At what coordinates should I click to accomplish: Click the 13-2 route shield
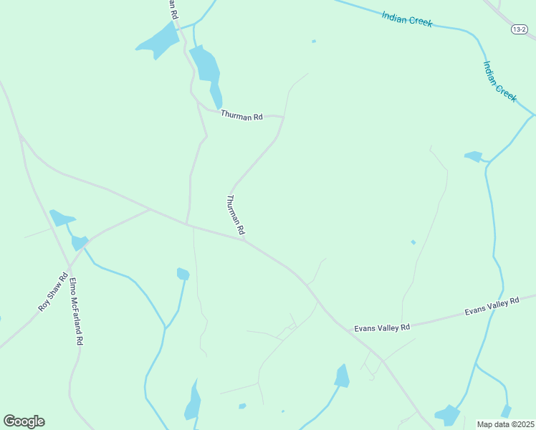click(520, 29)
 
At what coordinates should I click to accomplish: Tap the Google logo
click(24, 421)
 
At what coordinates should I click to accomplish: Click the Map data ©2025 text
click(505, 424)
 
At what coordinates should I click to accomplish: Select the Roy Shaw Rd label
click(53, 292)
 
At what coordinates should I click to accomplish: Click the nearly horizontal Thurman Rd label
click(241, 115)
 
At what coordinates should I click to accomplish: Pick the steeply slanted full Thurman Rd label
click(236, 215)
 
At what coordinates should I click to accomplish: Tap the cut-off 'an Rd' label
click(173, 9)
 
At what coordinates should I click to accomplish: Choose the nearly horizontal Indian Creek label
click(407, 19)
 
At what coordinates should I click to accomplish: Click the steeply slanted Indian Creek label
click(499, 81)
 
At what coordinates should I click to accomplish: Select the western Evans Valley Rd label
click(382, 328)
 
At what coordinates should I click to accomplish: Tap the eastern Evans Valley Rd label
click(492, 307)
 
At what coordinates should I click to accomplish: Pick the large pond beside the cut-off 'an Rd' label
click(159, 41)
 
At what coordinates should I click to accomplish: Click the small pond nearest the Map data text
click(506, 411)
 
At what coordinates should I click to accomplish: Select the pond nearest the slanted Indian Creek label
click(474, 156)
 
